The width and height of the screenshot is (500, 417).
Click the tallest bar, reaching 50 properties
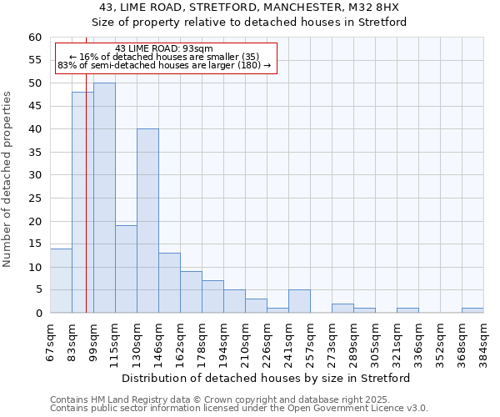[x=104, y=198]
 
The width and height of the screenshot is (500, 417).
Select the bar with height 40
[x=147, y=221]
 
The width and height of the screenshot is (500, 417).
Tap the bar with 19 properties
[x=126, y=269]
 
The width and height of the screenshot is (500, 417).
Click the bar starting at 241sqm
[x=299, y=302]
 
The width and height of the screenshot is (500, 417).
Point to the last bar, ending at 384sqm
[x=472, y=311]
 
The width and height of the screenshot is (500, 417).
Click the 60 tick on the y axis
[x=34, y=38]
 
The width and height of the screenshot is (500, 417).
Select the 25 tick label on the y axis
[x=34, y=198]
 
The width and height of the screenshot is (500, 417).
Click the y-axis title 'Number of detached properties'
[x=8, y=179]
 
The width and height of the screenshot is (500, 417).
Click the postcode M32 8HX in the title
[x=377, y=7]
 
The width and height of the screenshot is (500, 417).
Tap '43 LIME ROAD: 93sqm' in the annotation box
[x=164, y=48]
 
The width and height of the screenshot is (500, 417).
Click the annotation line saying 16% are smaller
[x=164, y=57]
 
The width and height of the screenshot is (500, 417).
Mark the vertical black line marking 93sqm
[x=86, y=208]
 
